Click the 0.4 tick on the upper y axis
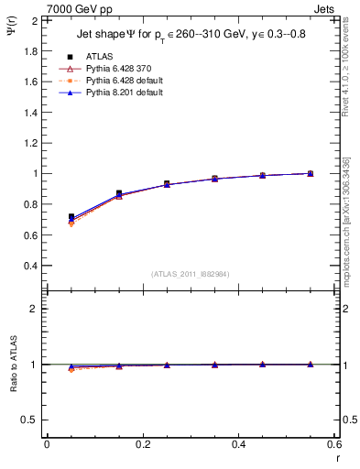(31, 266)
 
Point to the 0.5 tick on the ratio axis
(31, 420)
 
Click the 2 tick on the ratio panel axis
(35, 309)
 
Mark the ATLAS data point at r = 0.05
(71, 217)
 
